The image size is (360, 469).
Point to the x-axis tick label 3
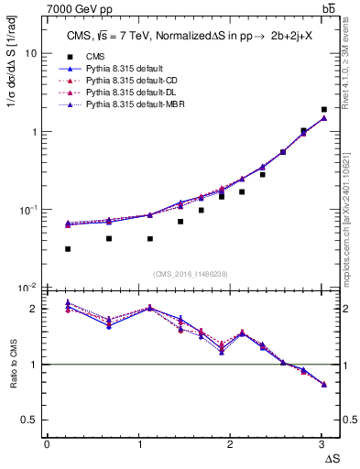coord(322,445)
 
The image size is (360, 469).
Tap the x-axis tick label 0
coord(47,445)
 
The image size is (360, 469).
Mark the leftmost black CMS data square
coord(68,249)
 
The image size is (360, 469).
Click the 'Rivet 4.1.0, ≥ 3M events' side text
coord(351,57)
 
